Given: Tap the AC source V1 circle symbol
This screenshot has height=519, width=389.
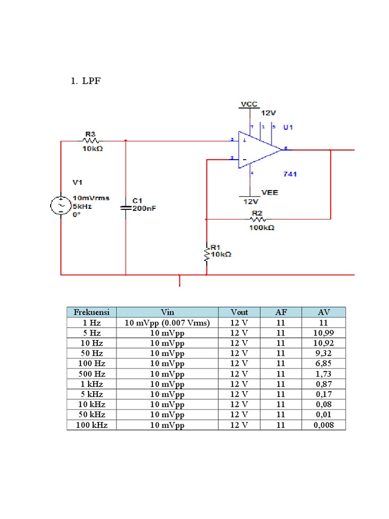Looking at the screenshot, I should pos(60,206).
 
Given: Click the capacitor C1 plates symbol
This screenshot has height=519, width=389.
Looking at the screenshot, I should pos(126,207).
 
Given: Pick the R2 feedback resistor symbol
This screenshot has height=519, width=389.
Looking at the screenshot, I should pos(258,219).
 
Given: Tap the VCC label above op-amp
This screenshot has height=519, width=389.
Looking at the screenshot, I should pos(249,104).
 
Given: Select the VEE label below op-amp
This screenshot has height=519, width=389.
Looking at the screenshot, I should pos(269,193).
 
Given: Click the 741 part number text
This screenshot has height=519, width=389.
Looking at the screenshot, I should pos(290,174).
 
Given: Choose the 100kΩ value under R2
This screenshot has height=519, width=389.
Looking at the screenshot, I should pos(261,228).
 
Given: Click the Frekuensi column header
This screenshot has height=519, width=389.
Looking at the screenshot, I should pos(92,312).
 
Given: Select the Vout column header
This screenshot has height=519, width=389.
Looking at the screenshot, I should pos(239,312).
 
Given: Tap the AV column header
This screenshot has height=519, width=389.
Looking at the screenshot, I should pos(323,312).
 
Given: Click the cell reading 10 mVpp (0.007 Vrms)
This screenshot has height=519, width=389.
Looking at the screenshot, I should pos(167,323).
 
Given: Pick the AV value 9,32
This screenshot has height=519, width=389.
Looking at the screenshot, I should pos(323,353).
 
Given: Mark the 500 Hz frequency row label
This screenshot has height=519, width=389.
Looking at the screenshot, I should pos(92,374).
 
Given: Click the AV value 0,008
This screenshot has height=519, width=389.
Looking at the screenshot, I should pos(323,425).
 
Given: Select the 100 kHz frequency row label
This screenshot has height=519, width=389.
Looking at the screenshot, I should pos(92,425).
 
